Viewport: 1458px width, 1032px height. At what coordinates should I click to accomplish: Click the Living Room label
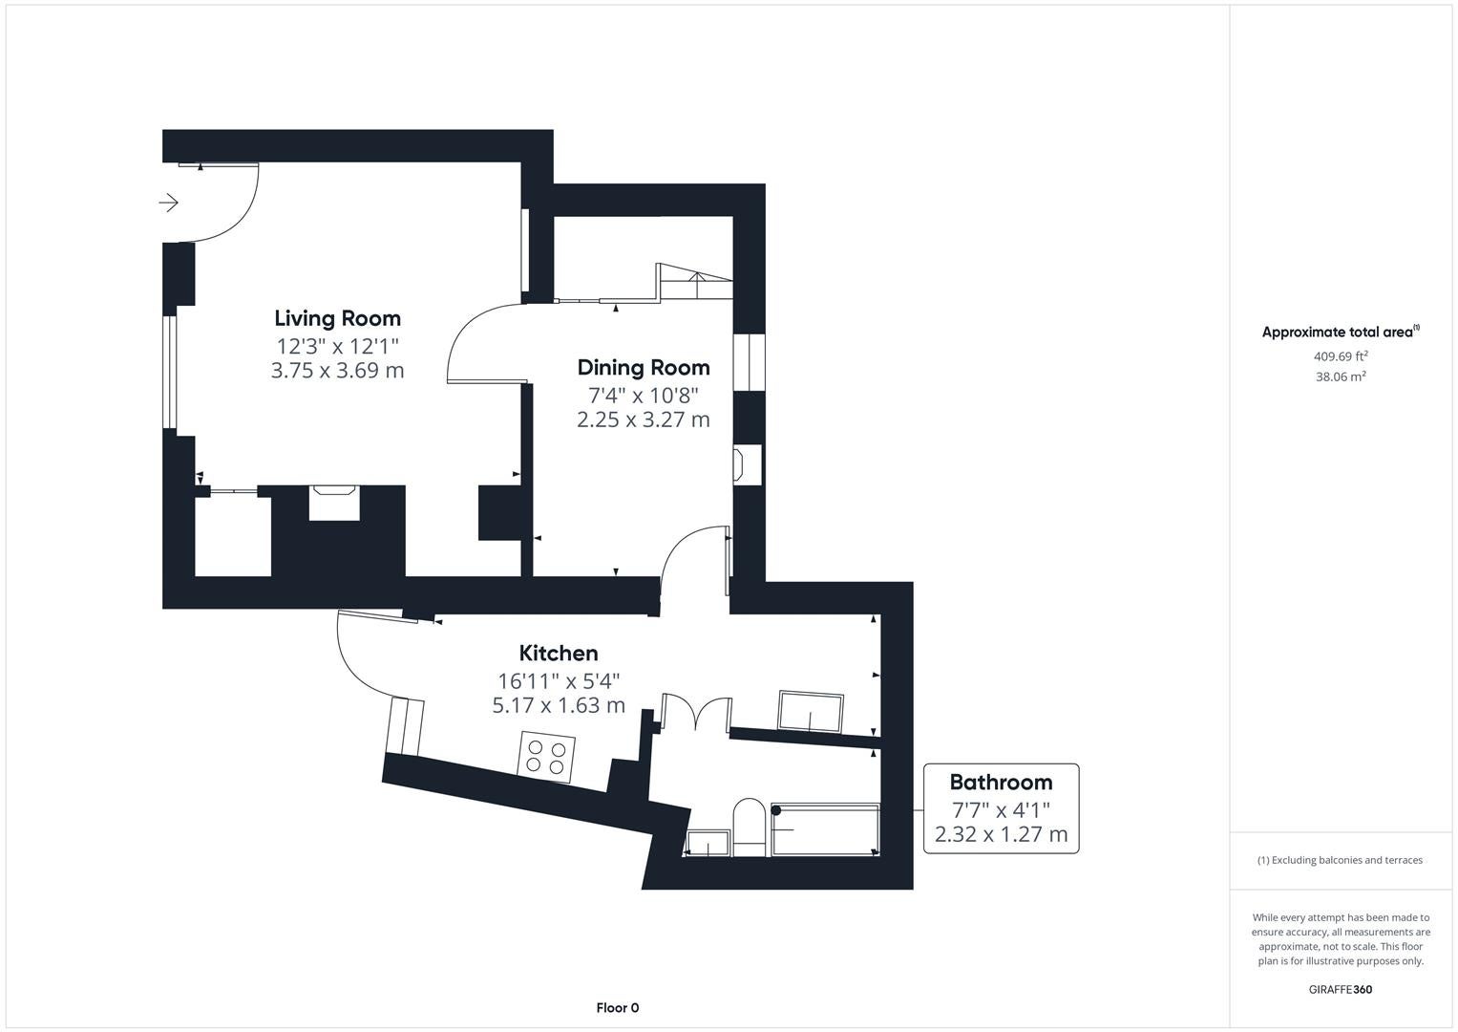coord(337,318)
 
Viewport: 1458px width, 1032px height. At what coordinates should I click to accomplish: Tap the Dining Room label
coord(644,368)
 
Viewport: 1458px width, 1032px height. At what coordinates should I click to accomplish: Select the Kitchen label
coord(559,653)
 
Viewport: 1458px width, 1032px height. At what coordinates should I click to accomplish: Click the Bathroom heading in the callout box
coord(1001,782)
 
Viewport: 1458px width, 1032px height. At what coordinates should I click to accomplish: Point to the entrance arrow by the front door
coord(169,203)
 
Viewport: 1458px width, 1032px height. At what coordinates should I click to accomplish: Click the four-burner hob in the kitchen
coord(546,757)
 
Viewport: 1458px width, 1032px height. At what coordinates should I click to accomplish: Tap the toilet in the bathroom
coord(750,827)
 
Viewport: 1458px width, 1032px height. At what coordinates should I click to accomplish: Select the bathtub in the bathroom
coord(825,829)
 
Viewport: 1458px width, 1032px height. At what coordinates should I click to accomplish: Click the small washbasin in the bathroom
coord(708,843)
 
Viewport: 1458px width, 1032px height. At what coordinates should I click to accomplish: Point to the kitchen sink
coord(811,712)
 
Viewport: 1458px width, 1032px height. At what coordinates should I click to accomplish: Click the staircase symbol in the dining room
coord(694,282)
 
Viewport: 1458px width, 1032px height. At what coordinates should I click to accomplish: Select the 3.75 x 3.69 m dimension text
coord(337,370)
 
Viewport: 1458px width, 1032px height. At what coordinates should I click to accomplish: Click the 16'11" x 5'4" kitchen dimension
coord(559,680)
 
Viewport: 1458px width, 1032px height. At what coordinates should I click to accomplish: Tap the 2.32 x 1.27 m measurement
coord(1001,834)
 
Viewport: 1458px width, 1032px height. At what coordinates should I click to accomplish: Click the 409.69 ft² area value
coord(1341,356)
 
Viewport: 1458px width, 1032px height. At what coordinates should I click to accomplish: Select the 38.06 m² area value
coord(1341,376)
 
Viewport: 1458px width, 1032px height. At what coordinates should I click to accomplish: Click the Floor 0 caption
coord(617,1008)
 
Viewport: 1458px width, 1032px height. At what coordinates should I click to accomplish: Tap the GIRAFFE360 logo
coord(1341,989)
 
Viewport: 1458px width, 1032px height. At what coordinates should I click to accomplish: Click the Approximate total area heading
coord(1341,332)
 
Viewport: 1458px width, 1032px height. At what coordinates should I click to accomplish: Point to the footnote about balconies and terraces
coord(1341,860)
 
